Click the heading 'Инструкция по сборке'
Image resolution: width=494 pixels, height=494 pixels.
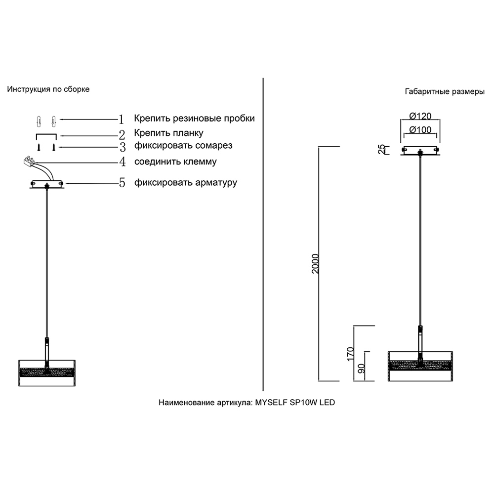(48, 89)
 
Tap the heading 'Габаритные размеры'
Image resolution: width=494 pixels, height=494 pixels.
(445, 91)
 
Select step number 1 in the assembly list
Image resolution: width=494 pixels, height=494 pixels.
(122, 120)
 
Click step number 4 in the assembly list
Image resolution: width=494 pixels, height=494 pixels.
(122, 162)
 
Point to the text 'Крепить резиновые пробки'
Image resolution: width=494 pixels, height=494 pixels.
(194, 119)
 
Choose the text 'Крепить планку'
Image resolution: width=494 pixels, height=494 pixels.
(168, 133)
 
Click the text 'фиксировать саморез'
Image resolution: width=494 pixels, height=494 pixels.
(183, 146)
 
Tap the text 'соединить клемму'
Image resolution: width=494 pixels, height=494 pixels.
(175, 162)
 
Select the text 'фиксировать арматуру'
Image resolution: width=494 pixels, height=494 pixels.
(186, 183)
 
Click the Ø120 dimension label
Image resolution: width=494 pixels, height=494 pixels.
(420, 116)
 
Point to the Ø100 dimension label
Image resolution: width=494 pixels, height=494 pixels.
(420, 130)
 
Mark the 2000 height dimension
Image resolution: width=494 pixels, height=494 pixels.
(315, 264)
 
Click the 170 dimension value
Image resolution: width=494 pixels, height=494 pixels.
(350, 354)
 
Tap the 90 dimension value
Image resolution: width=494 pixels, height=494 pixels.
(362, 369)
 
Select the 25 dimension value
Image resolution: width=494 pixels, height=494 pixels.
(381, 149)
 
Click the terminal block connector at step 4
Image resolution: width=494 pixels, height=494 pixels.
(29, 162)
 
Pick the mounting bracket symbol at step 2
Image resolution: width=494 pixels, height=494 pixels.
(46, 136)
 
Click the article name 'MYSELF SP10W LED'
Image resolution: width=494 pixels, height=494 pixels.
(295, 402)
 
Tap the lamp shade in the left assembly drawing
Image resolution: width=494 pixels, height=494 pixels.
(47, 373)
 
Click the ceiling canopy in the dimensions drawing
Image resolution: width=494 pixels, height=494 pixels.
(420, 151)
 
